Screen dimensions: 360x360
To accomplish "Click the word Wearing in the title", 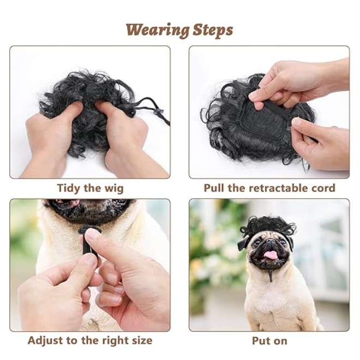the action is point(158,31).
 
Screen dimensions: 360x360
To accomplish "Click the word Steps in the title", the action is point(213,31).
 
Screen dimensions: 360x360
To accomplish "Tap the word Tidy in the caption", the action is point(69,189).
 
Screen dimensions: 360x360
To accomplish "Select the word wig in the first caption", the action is point(114,189).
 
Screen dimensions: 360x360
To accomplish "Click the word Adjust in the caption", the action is point(45,341).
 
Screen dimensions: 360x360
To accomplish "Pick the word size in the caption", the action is point(141,340).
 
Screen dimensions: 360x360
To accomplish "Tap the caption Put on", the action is point(269,341).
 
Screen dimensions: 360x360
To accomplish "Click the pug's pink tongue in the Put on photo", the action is point(269,255).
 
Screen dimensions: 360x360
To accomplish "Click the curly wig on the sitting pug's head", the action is point(268,224).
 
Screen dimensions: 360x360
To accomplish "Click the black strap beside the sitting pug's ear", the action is point(243,244).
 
